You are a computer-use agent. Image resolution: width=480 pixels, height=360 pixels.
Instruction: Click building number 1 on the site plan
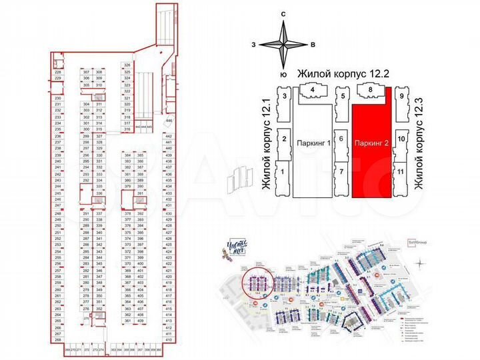[x=283, y=172]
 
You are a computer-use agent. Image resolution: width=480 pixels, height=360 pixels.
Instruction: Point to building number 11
[x=401, y=172]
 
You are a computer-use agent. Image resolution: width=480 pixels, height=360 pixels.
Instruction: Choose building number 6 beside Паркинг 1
[x=340, y=138]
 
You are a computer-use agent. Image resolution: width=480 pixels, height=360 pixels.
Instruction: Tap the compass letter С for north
[x=283, y=14]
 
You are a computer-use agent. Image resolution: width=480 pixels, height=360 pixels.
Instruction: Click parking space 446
[x=169, y=121]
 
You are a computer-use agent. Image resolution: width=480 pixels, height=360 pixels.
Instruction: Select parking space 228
[x=58, y=72]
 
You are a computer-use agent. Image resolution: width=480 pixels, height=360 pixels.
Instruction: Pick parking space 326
[x=127, y=65]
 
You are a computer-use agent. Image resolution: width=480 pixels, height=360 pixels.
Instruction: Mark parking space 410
[x=169, y=340]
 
